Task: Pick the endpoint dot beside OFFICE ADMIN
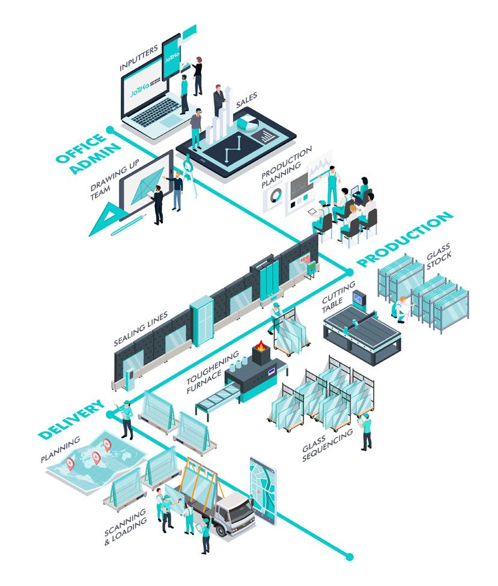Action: tap(110, 130)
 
